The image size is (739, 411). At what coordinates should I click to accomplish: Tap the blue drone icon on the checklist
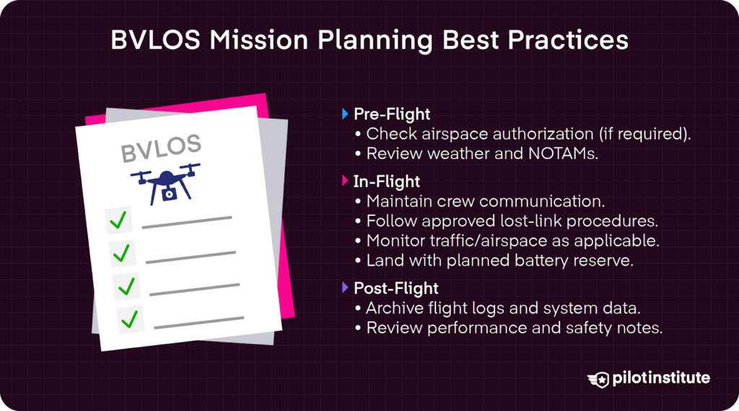pos(165,183)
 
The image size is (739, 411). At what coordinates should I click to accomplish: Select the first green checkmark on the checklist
pos(118,220)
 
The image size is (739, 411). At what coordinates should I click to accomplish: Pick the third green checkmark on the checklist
pos(127,286)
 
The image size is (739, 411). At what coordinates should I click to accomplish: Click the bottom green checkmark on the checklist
pos(131,317)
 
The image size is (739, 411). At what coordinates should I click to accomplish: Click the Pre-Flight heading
pos(392,114)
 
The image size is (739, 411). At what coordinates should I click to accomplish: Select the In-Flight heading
pos(387,181)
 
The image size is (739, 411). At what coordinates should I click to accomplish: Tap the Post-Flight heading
pos(395,289)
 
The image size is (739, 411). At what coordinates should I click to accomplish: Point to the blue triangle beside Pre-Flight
pos(345,114)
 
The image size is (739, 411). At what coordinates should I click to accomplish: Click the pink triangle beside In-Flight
pos(345,181)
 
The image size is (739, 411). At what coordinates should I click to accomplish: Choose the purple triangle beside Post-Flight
pos(345,289)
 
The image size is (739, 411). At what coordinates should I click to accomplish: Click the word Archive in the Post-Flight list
pos(393,308)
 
